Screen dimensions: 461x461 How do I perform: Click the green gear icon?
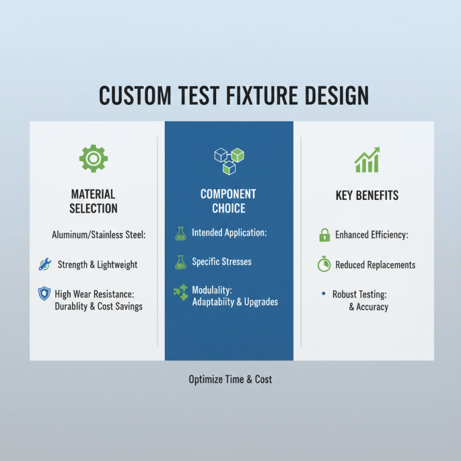93,158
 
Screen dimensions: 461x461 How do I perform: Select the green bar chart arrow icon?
367,160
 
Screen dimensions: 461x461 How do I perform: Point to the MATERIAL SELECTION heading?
93,201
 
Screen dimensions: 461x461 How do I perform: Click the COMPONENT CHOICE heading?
228,201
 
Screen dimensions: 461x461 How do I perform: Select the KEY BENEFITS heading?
367,195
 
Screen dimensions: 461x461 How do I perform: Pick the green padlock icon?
324,235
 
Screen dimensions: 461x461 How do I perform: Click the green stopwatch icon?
324,264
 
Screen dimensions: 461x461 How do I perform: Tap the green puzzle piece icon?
180,292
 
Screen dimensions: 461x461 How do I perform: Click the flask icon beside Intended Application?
180,233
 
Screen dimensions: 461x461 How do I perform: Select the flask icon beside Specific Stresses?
180,262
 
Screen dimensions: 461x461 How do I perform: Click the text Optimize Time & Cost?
231,379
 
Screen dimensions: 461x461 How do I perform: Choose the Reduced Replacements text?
375,264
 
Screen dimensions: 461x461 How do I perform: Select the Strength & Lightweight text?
97,264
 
